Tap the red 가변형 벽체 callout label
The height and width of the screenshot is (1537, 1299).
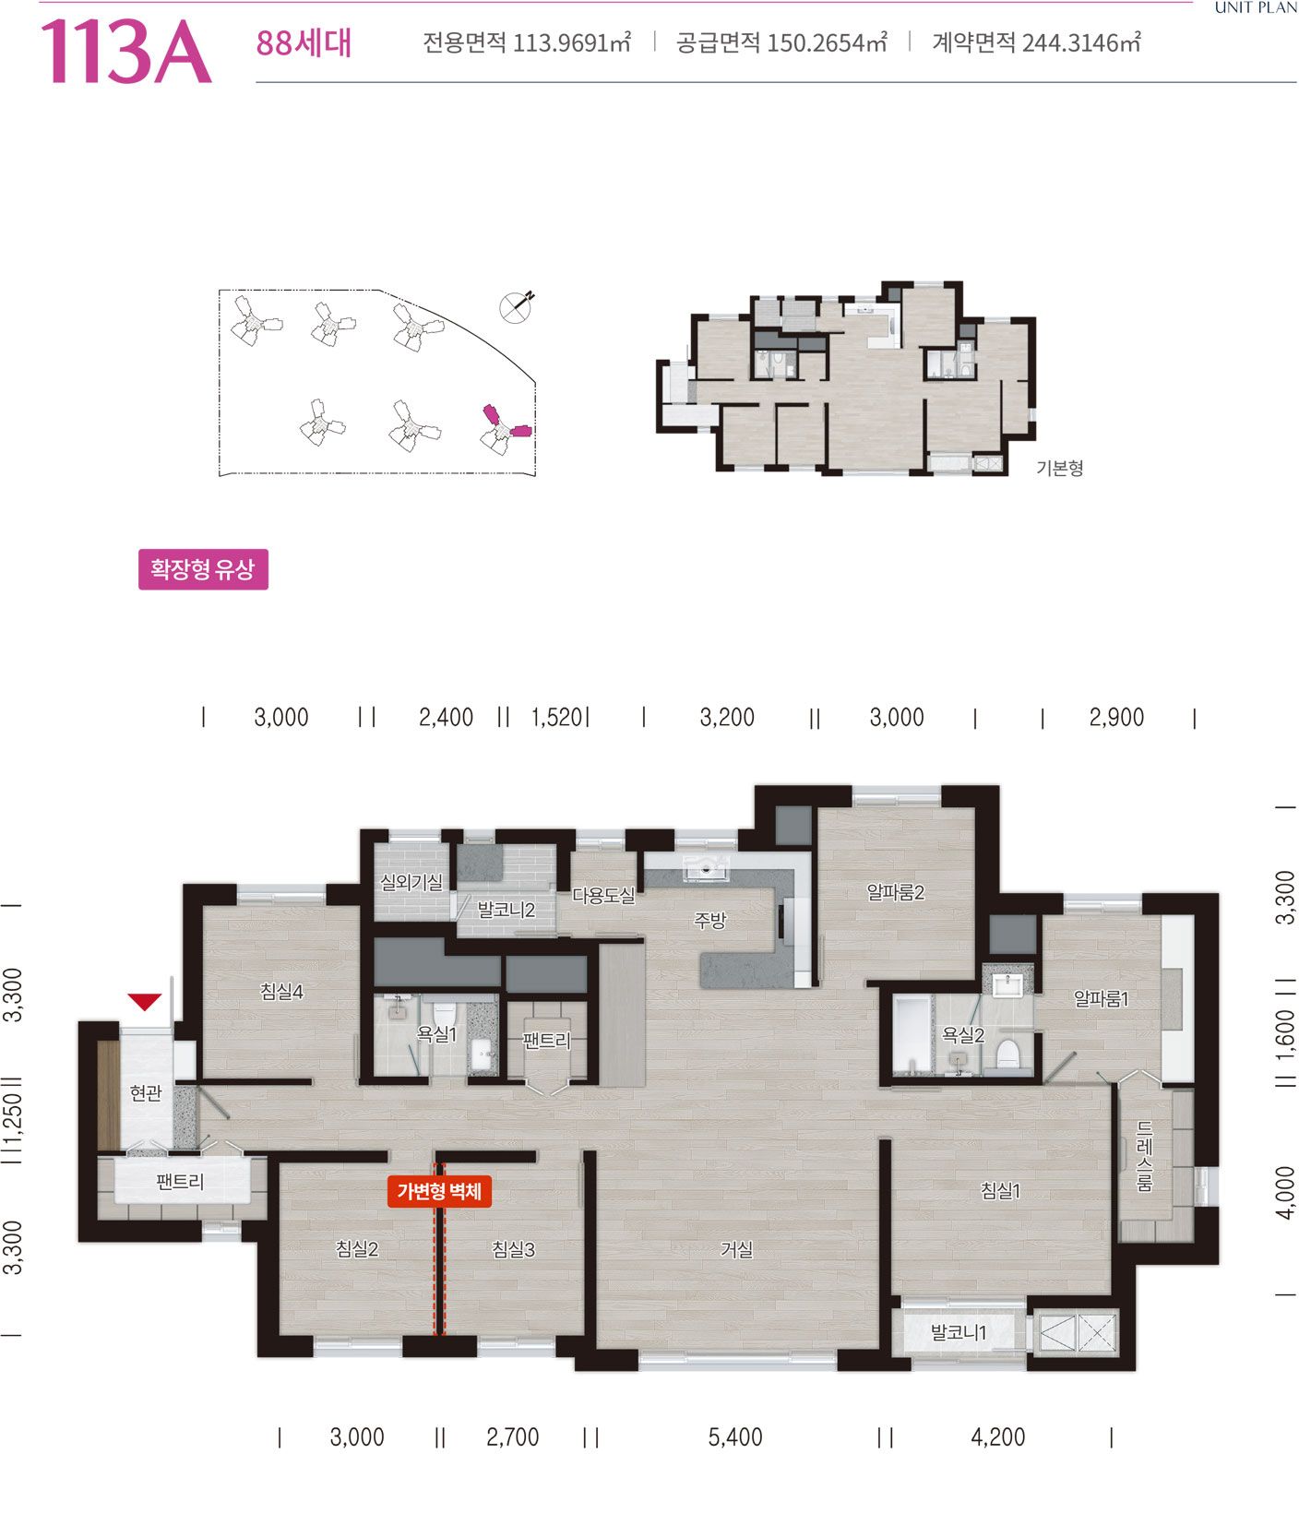pyautogui.click(x=439, y=1191)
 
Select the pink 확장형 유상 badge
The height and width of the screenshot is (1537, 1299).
pyautogui.click(x=203, y=568)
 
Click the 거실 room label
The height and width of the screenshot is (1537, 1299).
pyautogui.click(x=737, y=1249)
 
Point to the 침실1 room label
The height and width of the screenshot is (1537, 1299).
pyautogui.click(x=1000, y=1191)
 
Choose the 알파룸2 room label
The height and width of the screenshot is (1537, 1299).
pyautogui.click(x=896, y=892)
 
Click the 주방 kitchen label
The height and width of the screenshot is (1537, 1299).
pyautogui.click(x=710, y=920)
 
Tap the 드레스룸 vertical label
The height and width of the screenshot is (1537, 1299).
pyautogui.click(x=1144, y=1157)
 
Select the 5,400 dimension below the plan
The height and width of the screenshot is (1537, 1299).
pyautogui.click(x=735, y=1436)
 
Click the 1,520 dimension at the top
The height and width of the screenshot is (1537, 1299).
pyautogui.click(x=557, y=717)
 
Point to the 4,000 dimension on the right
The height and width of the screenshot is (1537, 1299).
pyautogui.click(x=1285, y=1192)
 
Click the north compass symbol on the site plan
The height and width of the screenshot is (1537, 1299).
pyautogui.click(x=517, y=305)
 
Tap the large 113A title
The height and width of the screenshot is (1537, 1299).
pyautogui.click(x=125, y=51)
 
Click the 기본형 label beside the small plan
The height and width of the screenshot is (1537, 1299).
pyautogui.click(x=1060, y=468)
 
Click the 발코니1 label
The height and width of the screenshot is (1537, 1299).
pyautogui.click(x=959, y=1332)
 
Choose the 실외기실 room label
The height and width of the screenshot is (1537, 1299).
pyautogui.click(x=411, y=882)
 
